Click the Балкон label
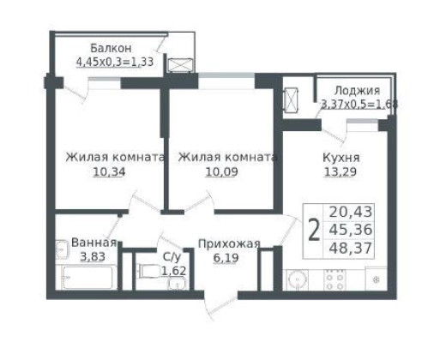coord(111,48)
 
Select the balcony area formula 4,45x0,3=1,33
coord(115,62)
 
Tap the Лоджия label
coord(357,91)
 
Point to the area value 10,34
coord(109,172)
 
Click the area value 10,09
coord(222,172)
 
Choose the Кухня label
coord(341,158)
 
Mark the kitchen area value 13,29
coord(341,172)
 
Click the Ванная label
coord(94,243)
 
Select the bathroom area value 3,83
coord(93,256)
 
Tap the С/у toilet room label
coord(172,257)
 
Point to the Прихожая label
coord(229,244)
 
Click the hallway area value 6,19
coord(226,258)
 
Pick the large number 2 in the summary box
coord(314,231)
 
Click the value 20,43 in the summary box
coord(351,212)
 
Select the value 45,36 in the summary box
coord(351,230)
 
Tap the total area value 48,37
coord(351,248)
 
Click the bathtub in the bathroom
coord(88,278)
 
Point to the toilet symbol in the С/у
coord(149,271)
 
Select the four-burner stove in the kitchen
coord(335,279)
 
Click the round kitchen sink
coord(298,279)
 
